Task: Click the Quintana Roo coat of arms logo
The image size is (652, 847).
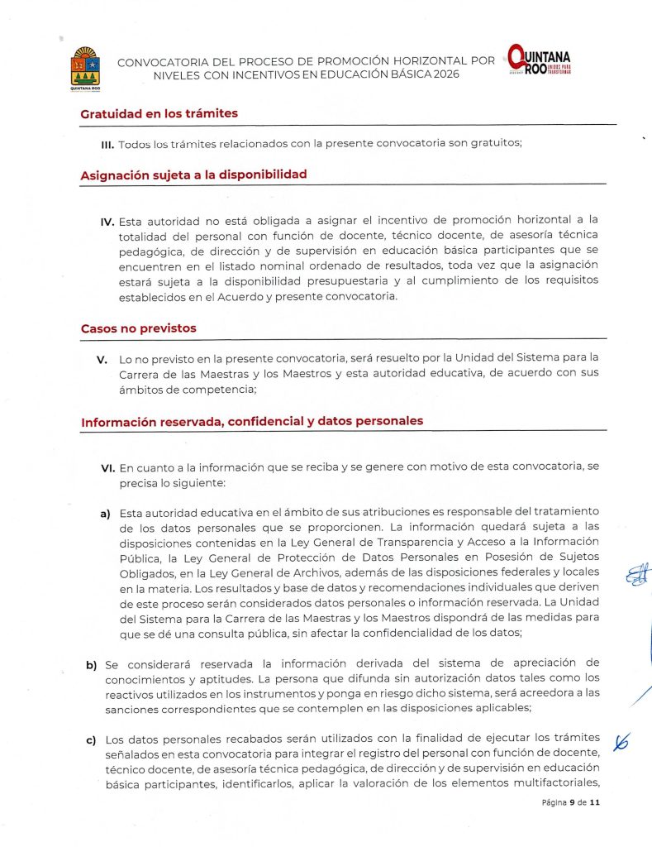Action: click(86, 67)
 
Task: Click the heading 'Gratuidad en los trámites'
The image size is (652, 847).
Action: click(159, 113)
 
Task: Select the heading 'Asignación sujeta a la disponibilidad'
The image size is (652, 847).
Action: click(193, 175)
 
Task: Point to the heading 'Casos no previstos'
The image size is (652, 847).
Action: click(138, 328)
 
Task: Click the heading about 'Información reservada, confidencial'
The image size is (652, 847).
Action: click(252, 421)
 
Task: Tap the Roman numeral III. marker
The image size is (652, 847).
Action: click(107, 144)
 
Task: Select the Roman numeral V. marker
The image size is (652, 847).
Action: click(102, 360)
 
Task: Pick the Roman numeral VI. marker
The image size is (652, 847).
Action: click(107, 467)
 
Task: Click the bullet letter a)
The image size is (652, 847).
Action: click(105, 514)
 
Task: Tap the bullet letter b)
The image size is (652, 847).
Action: click(90, 664)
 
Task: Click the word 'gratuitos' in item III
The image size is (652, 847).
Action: click(495, 144)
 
